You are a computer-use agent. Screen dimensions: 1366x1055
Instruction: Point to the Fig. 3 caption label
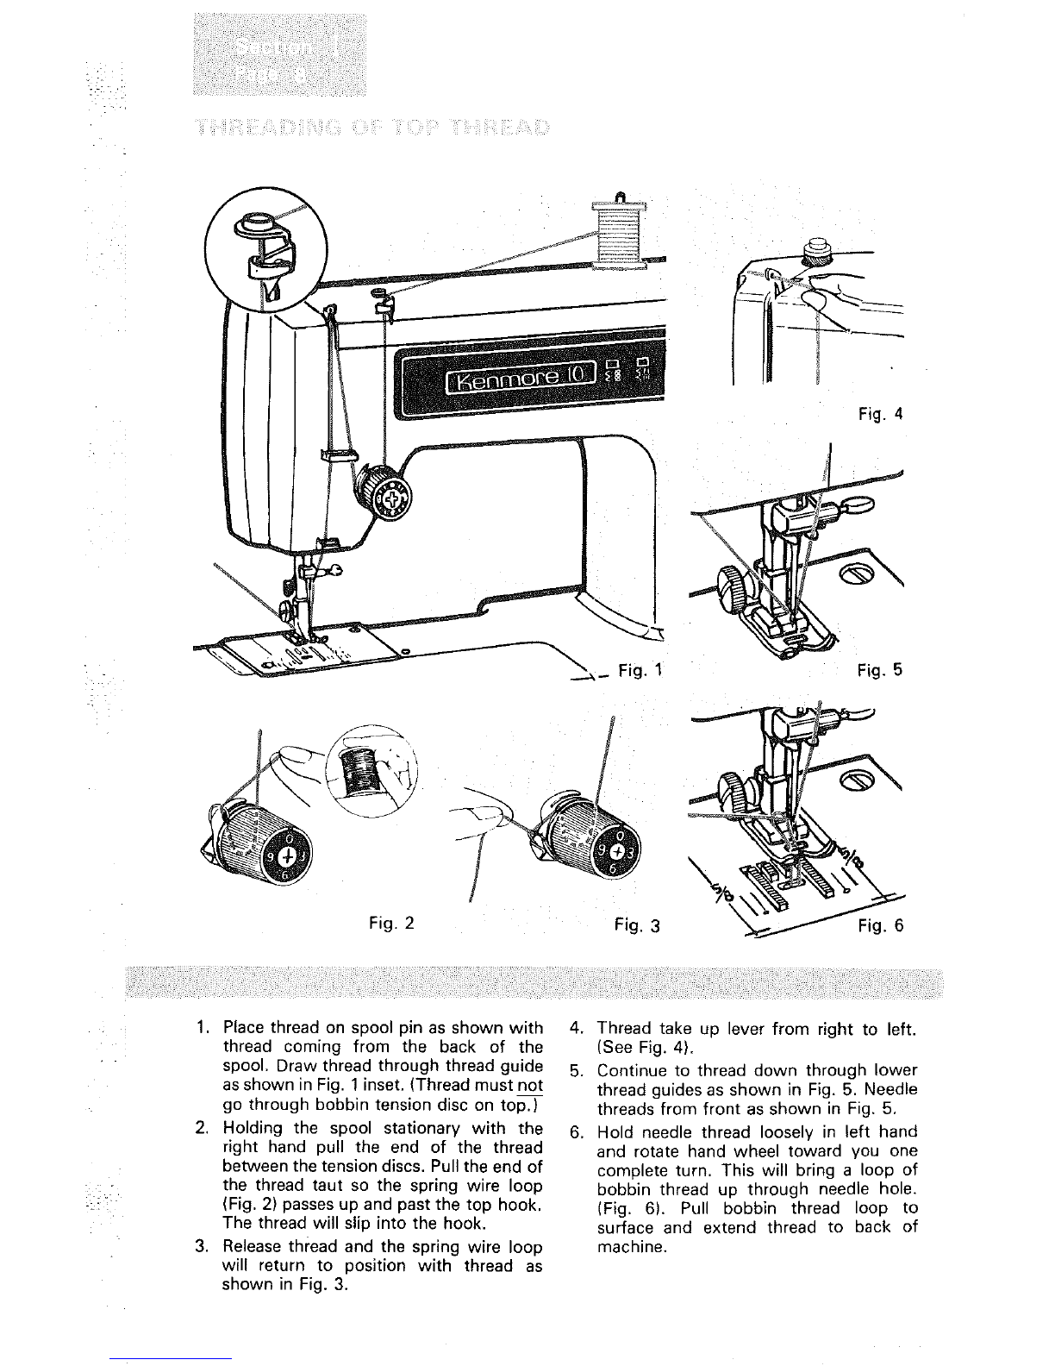638,926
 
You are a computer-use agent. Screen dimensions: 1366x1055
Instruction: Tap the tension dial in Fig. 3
595,843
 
